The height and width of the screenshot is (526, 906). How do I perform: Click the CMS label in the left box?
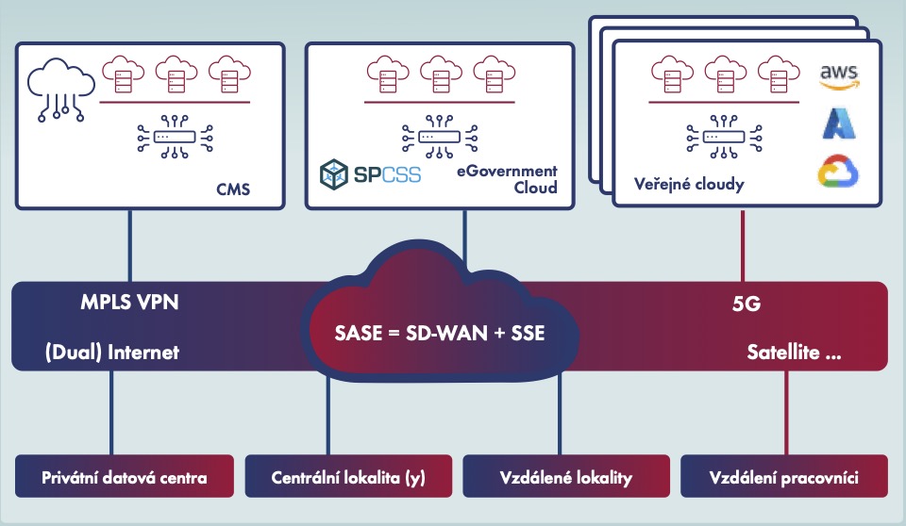(232, 190)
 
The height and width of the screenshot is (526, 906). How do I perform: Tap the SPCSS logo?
(370, 174)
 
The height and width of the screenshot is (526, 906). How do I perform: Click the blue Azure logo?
(838, 124)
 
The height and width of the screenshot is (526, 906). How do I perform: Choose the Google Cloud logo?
(838, 173)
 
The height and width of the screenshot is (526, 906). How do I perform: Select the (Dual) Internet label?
(111, 353)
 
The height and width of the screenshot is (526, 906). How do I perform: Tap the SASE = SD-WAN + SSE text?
(440, 334)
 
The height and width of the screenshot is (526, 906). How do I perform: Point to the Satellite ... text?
(795, 354)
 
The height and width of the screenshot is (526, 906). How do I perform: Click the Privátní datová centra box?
(125, 477)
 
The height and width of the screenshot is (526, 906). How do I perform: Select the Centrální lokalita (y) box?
(349, 477)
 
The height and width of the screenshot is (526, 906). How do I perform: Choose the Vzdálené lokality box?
(566, 477)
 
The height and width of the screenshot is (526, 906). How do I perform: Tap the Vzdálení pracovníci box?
(784, 477)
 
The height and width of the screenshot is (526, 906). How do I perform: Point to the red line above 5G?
(745, 246)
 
